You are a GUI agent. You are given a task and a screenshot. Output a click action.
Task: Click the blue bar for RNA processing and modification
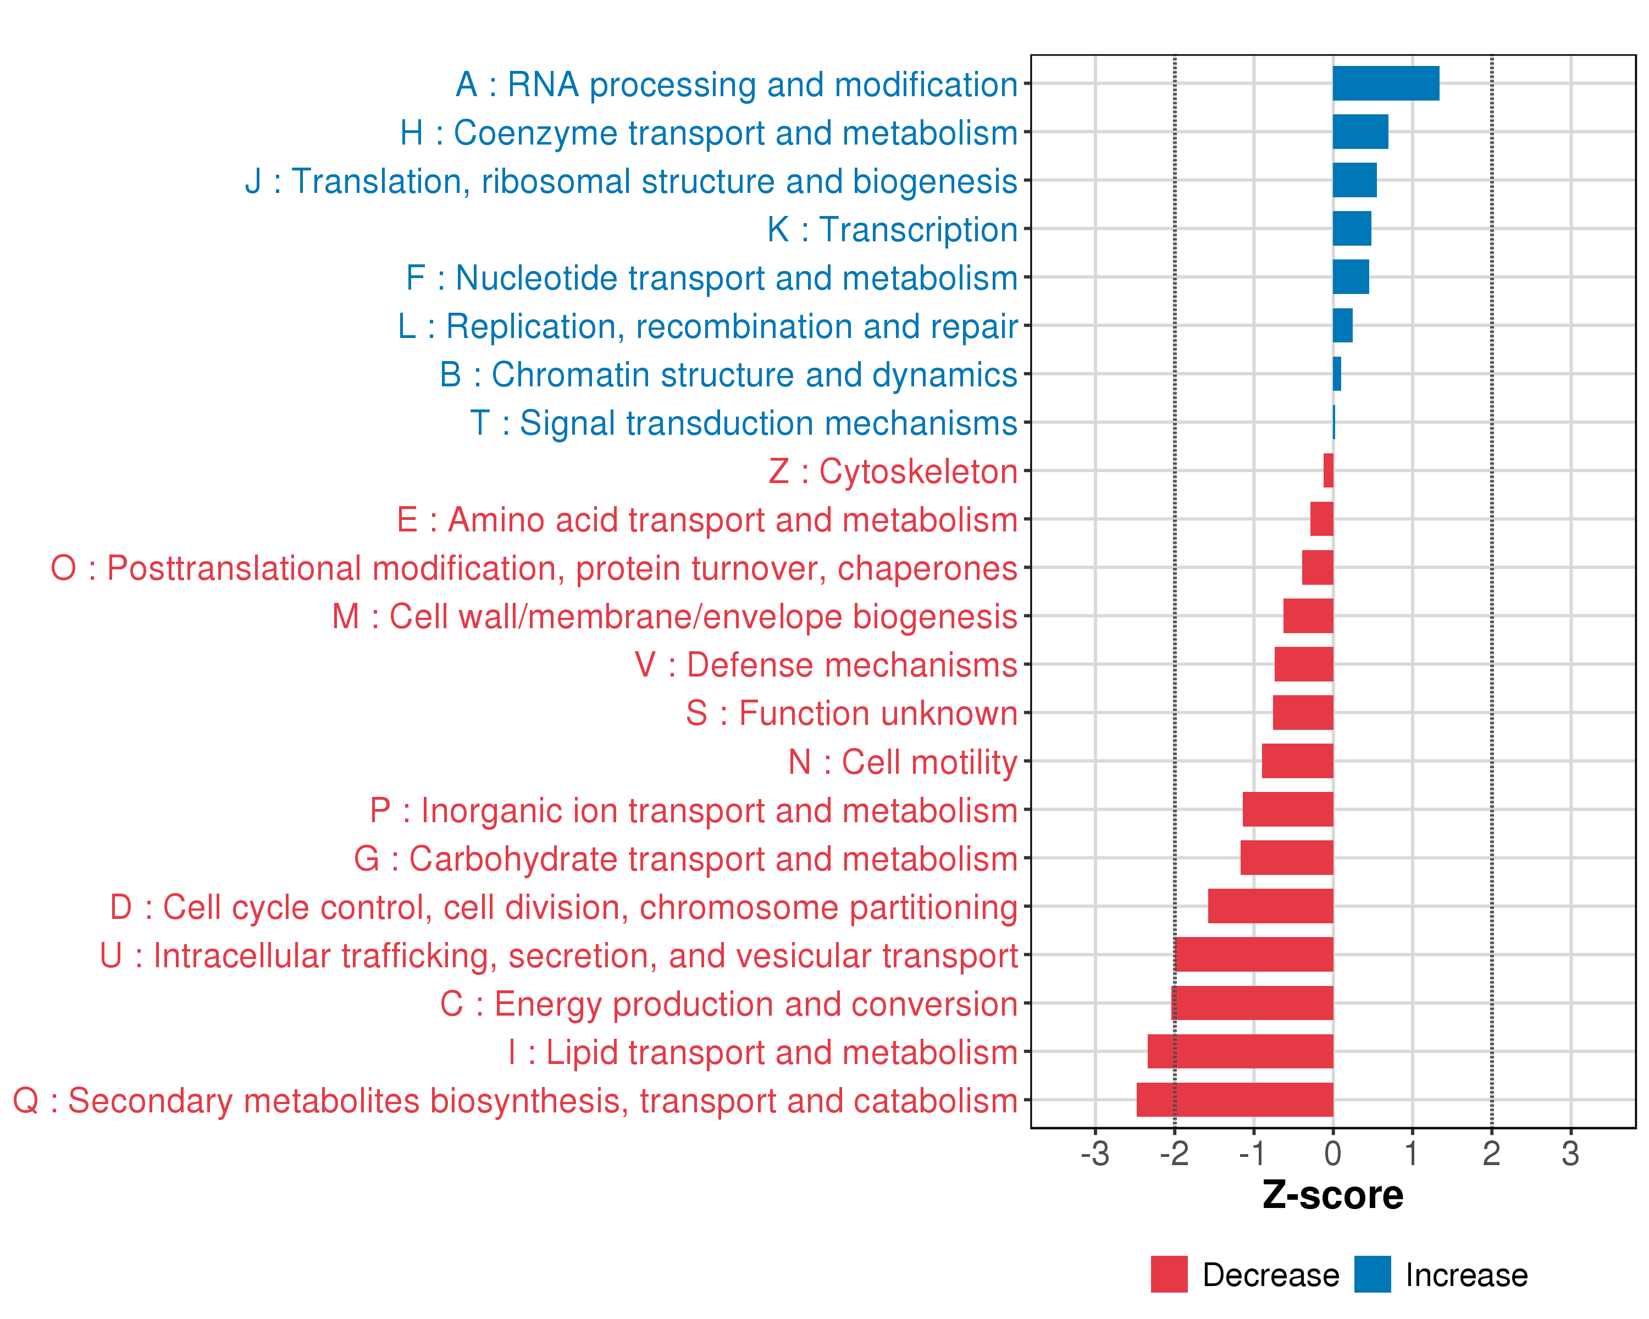1385,84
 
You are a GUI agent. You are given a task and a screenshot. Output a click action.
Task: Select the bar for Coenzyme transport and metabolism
1360,131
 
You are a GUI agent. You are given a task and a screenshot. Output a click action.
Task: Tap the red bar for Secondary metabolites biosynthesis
1235,1100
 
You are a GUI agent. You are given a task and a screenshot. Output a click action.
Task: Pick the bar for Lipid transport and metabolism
1240,1051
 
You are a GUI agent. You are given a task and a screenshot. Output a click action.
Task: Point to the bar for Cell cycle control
1270,906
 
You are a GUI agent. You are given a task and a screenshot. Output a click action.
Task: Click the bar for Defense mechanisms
1303,664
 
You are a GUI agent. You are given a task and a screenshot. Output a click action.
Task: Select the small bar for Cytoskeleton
1329,470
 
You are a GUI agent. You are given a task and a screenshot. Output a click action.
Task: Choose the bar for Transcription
1352,229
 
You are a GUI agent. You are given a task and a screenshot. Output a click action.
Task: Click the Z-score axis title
1332,1196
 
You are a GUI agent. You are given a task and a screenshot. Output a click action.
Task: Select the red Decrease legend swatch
1169,1274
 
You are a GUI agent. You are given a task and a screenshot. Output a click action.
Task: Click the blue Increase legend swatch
1372,1274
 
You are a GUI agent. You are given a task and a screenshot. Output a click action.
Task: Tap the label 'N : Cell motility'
903,762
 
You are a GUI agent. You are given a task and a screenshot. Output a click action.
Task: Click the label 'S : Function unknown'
851,713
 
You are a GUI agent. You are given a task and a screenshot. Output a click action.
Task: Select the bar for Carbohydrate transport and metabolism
1286,858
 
